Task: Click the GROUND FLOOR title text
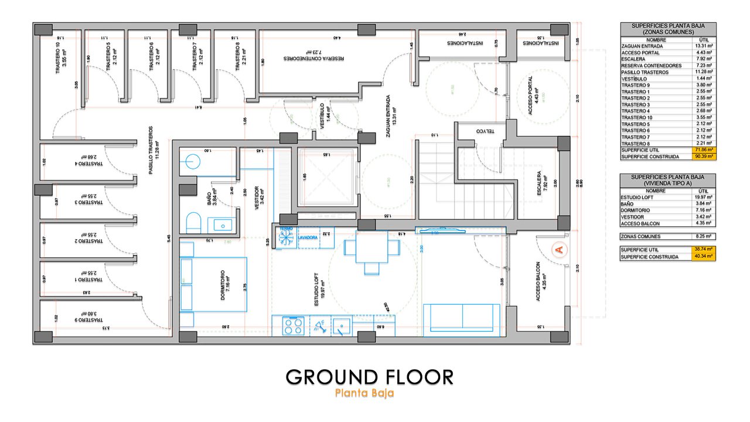(369, 377)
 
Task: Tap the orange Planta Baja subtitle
(364, 393)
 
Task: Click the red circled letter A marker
(558, 250)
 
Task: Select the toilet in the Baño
(193, 223)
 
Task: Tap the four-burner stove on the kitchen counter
(293, 325)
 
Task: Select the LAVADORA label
(308, 238)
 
